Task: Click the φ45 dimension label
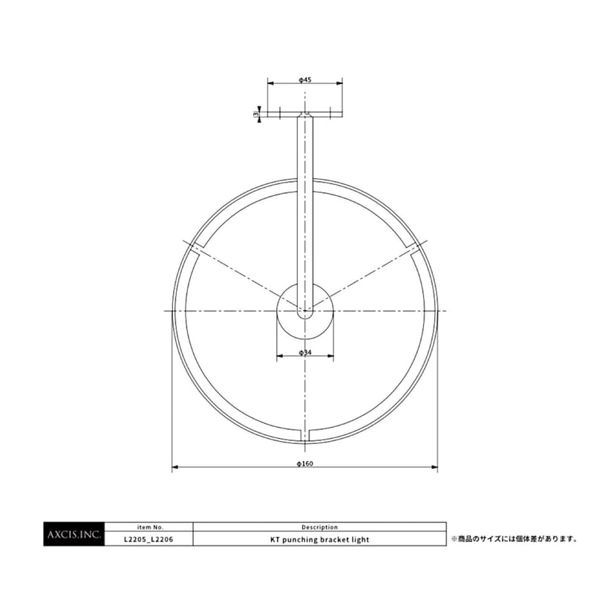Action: (304, 78)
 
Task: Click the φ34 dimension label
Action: (304, 352)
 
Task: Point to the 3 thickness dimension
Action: (255, 114)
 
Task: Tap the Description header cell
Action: (319, 527)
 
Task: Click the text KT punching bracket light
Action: (319, 540)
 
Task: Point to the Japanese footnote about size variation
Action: (514, 538)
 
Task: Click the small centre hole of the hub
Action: (305, 313)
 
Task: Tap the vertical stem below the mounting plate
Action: (305, 208)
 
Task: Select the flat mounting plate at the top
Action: (305, 114)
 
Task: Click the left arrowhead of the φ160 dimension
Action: (174, 468)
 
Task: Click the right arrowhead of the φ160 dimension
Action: (435, 468)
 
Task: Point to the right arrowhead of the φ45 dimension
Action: (340, 83)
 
